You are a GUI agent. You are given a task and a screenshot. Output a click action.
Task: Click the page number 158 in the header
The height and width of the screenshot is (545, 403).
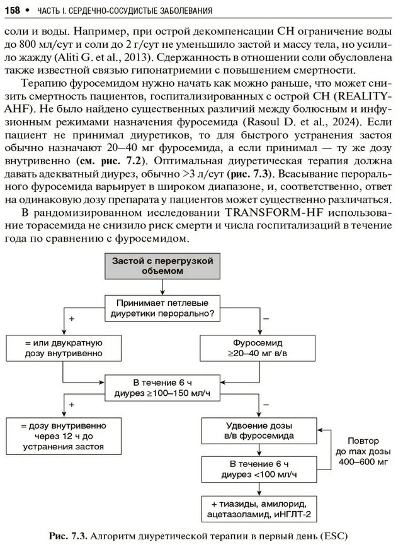tap(14, 10)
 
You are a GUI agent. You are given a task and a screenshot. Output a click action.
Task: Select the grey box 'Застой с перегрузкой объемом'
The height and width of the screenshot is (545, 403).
tap(163, 265)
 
